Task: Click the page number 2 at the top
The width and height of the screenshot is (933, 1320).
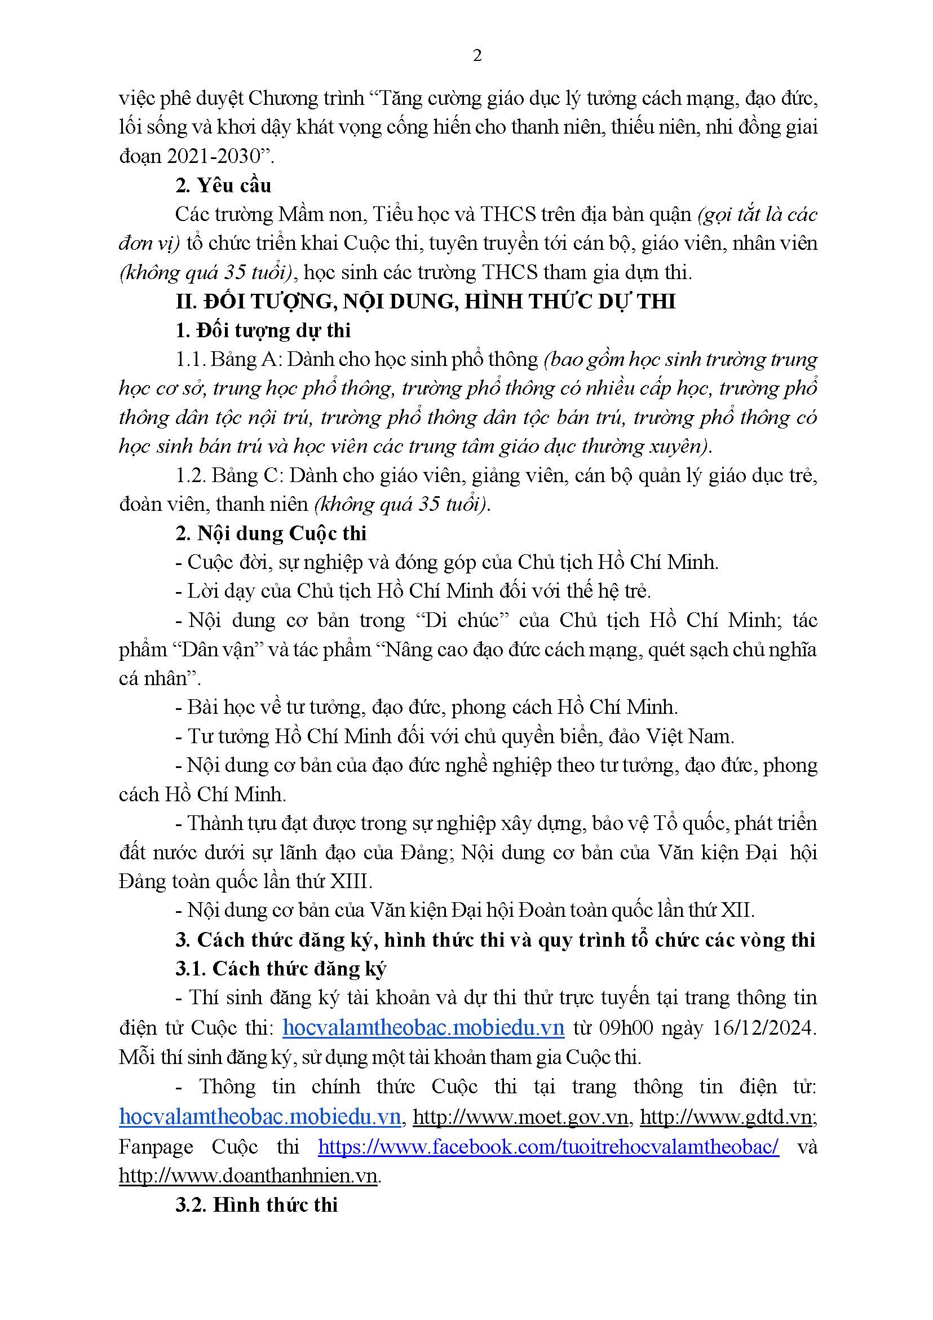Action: point(476,56)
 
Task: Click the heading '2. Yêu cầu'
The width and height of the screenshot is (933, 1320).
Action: point(223,186)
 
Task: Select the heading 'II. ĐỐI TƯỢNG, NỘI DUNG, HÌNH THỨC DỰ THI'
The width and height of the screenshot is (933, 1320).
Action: point(426,301)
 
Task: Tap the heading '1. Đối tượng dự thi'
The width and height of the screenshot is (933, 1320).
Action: point(263,330)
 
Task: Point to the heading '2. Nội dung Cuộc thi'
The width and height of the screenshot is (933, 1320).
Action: point(271,533)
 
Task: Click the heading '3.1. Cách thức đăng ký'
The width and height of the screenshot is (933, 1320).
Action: point(281,968)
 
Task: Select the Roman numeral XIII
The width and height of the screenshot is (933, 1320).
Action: point(351,881)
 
